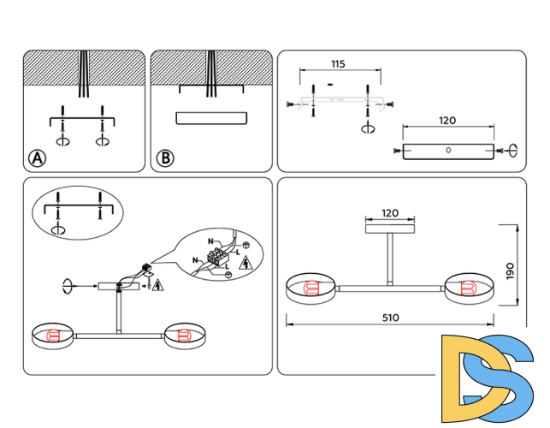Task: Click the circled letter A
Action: (x=37, y=158)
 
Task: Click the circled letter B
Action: (x=165, y=158)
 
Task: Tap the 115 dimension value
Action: (x=337, y=65)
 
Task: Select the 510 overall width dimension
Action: (x=390, y=318)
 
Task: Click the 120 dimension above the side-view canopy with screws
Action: (x=447, y=122)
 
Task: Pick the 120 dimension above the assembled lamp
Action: (x=390, y=212)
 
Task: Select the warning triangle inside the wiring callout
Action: (x=245, y=262)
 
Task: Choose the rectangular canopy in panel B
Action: (x=210, y=118)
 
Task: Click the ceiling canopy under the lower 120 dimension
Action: (x=390, y=229)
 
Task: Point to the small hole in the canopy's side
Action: (x=448, y=151)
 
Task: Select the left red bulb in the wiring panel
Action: (x=53, y=335)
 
